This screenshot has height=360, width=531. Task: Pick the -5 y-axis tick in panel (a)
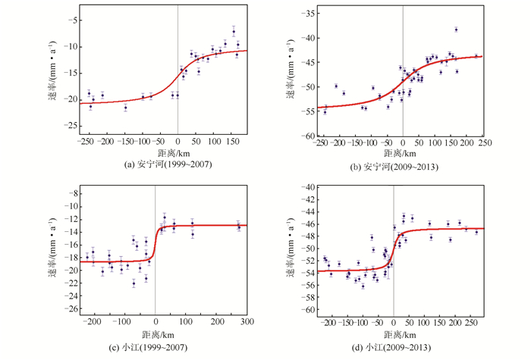pos(74,20)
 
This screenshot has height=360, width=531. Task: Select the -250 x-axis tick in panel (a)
pos(86,140)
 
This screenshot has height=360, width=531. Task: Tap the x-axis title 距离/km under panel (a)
pos(156,152)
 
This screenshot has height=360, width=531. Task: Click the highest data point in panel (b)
pos(456,30)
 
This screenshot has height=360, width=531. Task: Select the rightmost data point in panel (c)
pos(239,226)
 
